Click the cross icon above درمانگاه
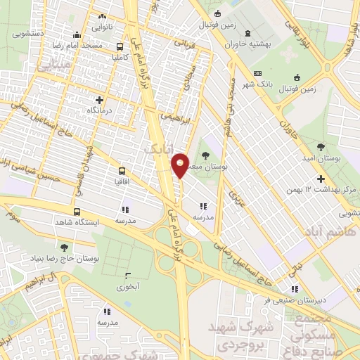pyautogui.click(x=99, y=100)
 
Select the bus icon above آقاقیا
pyautogui.click(x=122, y=170)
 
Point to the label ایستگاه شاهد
pyautogui.click(x=76, y=221)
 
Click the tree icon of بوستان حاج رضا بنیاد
pyautogui.click(x=65, y=247)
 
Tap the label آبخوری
pyautogui.click(x=127, y=287)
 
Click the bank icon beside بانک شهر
pyautogui.click(x=257, y=73)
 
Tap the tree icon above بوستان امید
pyautogui.click(x=321, y=147)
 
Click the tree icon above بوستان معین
pyautogui.click(x=205, y=156)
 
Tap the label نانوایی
pyautogui.click(x=103, y=27)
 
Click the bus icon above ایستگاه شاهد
pyautogui.click(x=76, y=211)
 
